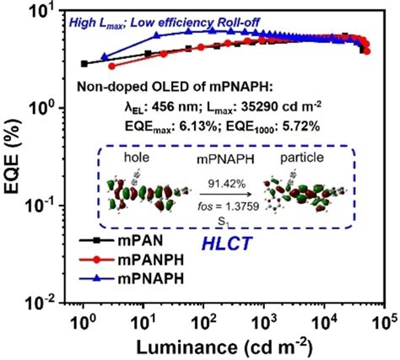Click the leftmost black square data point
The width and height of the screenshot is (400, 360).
click(84, 63)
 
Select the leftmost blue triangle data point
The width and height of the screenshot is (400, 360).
click(105, 56)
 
